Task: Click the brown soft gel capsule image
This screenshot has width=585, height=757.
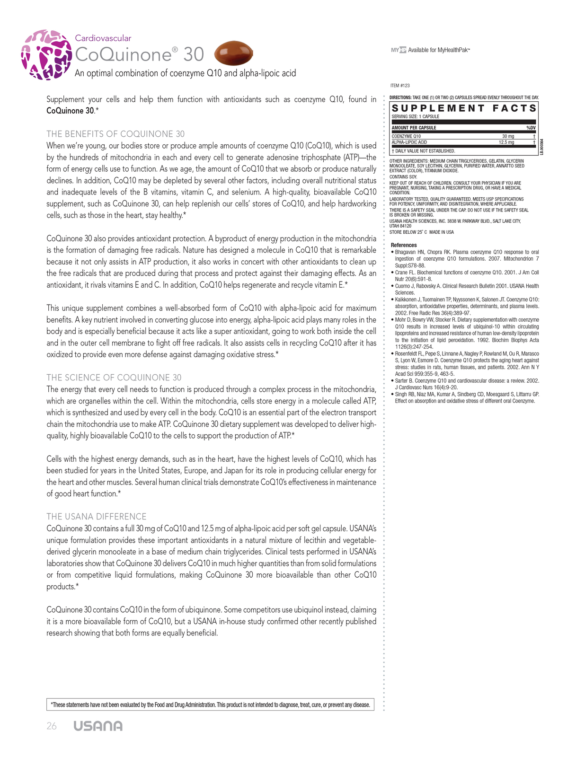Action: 234,53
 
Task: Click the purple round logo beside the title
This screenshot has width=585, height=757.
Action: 46,55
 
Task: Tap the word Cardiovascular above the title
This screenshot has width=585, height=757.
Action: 103,38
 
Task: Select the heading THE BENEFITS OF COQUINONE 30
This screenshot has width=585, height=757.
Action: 115,134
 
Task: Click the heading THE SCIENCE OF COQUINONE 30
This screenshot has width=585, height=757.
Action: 114,378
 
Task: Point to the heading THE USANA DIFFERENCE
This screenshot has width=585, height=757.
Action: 97,517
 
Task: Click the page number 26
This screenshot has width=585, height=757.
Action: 52,726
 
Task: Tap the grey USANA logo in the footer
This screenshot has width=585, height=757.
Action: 98,726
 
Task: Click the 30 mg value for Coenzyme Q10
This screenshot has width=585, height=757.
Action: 508,136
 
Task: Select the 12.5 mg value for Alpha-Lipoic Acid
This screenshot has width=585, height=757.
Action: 506,142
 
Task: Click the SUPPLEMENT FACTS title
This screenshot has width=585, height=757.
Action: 464,108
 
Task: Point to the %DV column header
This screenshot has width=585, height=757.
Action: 531,128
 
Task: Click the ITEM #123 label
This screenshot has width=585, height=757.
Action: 400,86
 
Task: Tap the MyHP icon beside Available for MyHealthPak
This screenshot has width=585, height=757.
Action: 399,50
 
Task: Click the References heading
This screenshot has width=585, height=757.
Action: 404,245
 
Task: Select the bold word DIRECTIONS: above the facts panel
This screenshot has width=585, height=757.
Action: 400,97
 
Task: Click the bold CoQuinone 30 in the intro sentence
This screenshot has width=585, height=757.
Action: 70,111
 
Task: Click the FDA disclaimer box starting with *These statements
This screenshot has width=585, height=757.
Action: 210,705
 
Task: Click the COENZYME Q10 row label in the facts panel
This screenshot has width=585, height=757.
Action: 406,136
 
